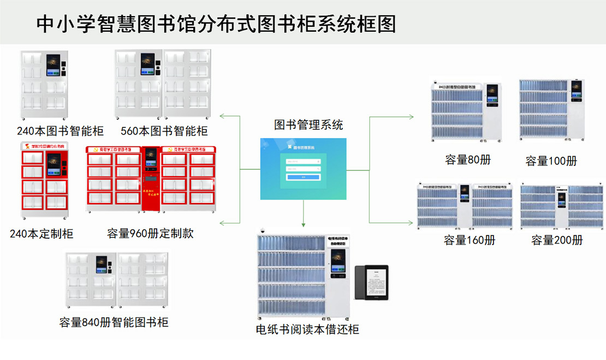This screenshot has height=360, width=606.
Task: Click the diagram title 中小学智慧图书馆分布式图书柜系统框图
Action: (216, 24)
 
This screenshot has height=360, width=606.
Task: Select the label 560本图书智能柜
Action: (164, 131)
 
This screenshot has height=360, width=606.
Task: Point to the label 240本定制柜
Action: (41, 234)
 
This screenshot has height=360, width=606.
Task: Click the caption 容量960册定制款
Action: (150, 234)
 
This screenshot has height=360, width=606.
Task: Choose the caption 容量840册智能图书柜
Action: (114, 322)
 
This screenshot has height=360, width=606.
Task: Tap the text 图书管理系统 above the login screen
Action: (308, 125)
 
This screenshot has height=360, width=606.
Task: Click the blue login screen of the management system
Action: (303, 169)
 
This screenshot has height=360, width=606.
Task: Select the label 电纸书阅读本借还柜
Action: (307, 329)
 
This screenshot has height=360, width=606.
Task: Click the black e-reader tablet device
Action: (371, 282)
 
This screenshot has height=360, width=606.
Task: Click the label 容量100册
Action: (551, 161)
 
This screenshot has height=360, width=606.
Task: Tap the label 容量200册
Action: (557, 240)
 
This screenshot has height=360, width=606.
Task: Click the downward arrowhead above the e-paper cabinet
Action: (303, 224)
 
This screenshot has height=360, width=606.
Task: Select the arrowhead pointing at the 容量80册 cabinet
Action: (411, 116)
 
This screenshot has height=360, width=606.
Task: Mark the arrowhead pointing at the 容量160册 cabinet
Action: (411, 222)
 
